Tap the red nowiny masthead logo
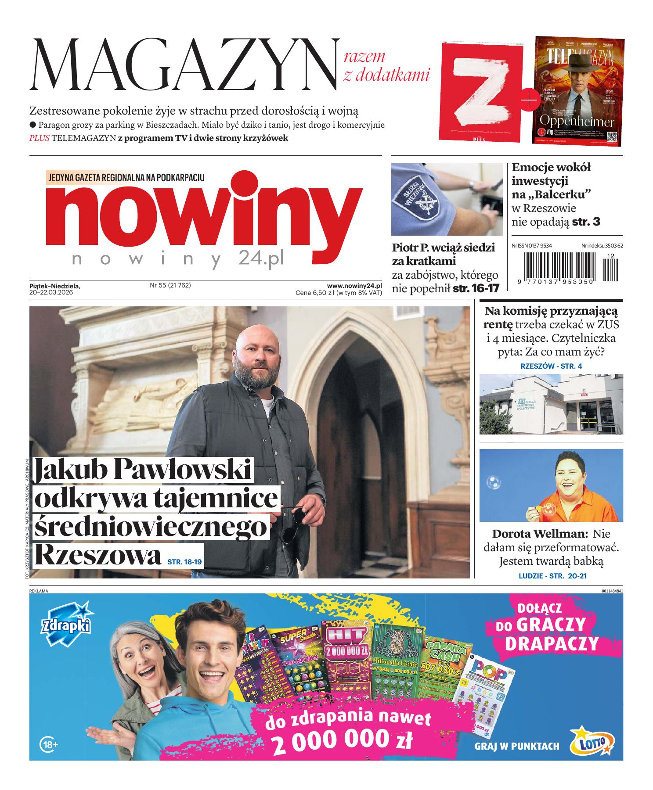tap(204, 212)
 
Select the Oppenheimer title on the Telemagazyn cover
tap(576, 121)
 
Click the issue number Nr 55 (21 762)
tap(170, 285)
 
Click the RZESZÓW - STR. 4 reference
tap(551, 366)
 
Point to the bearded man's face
tap(257, 356)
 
